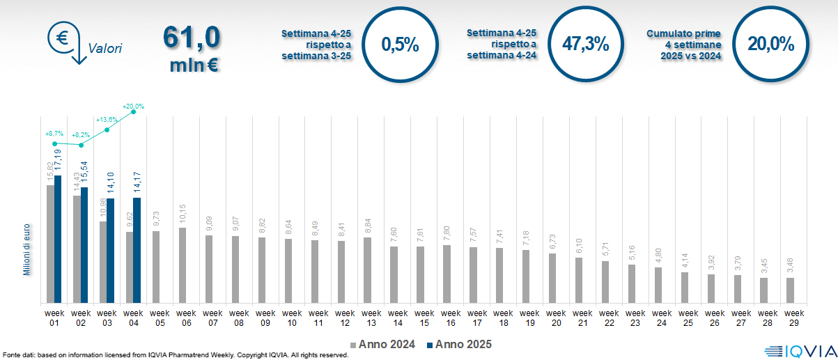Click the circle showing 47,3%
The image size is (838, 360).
(x=586, y=44)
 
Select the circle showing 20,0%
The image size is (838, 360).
(x=771, y=44)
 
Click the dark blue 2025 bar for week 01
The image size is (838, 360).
(x=58, y=239)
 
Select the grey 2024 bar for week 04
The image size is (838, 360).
(x=130, y=267)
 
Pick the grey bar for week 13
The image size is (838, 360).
(x=368, y=270)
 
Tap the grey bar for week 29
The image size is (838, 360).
(x=790, y=290)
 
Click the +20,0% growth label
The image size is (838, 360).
(x=133, y=107)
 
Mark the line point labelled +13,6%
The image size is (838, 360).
(x=107, y=130)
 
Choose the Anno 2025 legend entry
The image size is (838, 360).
(x=460, y=344)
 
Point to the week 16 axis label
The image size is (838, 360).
(x=450, y=318)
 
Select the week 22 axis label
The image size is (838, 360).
(x=609, y=318)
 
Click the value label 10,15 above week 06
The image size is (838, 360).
(x=183, y=214)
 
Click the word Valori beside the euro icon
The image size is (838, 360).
(x=105, y=49)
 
